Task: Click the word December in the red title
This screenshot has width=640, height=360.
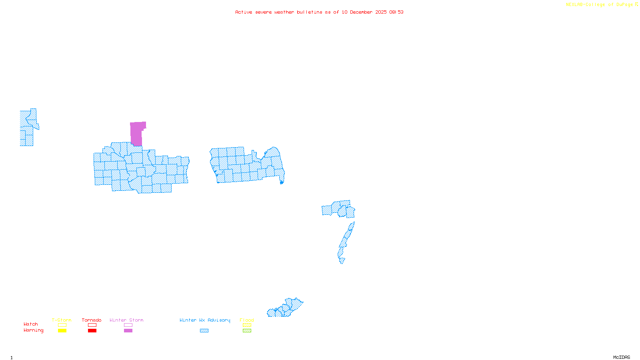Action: coord(361,12)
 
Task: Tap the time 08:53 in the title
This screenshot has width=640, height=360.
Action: coord(396,12)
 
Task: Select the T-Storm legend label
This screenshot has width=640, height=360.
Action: coord(62,320)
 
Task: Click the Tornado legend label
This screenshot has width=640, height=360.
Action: coord(92,320)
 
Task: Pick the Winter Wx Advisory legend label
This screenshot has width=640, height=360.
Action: coord(205,320)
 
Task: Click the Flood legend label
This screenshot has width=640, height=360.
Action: coord(247,320)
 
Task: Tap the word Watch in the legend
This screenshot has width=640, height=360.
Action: coord(31,324)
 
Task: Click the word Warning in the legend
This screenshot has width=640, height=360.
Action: coord(34,330)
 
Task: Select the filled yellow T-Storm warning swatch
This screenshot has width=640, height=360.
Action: coord(62,331)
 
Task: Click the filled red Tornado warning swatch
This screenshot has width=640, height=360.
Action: coord(92,331)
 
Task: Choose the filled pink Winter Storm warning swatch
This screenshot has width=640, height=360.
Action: coord(128,331)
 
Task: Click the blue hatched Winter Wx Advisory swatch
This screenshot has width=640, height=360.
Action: coord(204,331)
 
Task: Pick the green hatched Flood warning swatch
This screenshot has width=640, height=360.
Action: coord(247,331)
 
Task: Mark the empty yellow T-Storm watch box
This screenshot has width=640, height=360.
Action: coord(62,325)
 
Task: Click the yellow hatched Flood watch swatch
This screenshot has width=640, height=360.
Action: coord(247,325)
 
